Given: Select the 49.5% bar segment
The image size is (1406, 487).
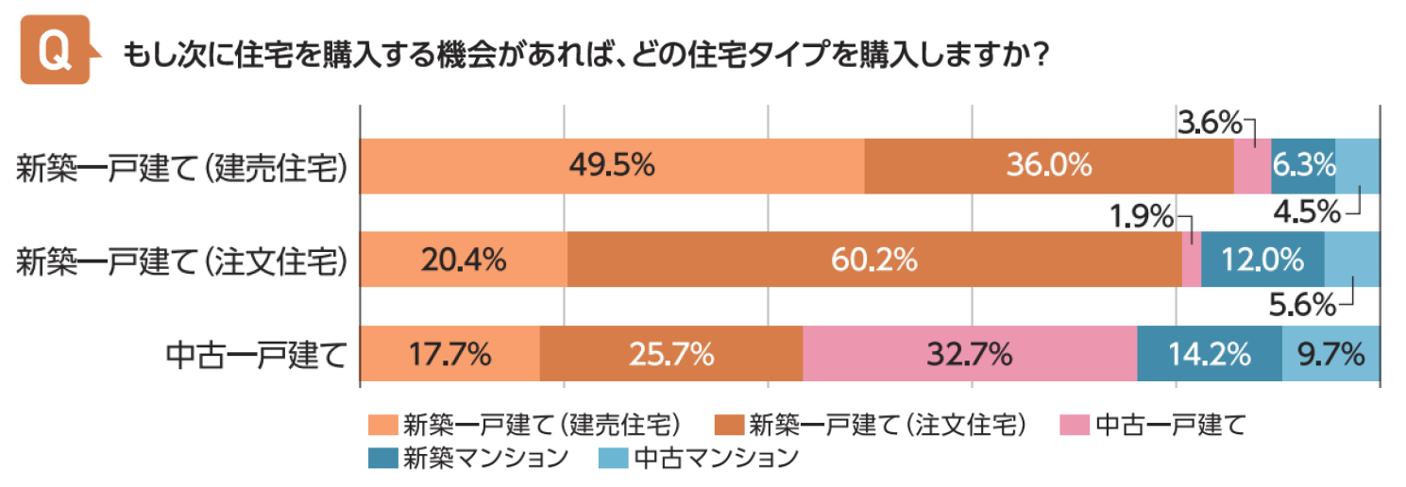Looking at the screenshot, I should click(x=612, y=165).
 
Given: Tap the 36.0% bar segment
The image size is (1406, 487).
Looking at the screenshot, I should click(x=1048, y=165).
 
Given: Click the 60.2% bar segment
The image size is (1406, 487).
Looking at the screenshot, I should click(x=874, y=260).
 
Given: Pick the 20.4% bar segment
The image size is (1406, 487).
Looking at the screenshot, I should click(x=464, y=260).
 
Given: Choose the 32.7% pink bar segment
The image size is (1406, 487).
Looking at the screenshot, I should click(x=970, y=354).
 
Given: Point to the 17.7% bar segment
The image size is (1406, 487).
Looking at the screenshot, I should click(x=449, y=354).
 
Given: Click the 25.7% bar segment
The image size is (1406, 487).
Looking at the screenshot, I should click(x=670, y=354).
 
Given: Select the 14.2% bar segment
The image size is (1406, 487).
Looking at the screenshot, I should click(x=1210, y=354).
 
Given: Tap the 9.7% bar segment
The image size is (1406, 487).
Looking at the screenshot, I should click(x=1330, y=354).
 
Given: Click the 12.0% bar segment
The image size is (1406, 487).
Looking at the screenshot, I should click(x=1262, y=260).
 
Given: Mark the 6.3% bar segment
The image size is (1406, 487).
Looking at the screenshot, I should click(x=1302, y=165).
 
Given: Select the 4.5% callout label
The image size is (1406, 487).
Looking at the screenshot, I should click(x=1306, y=211).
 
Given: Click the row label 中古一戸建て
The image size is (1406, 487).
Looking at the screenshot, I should click(x=253, y=355).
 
